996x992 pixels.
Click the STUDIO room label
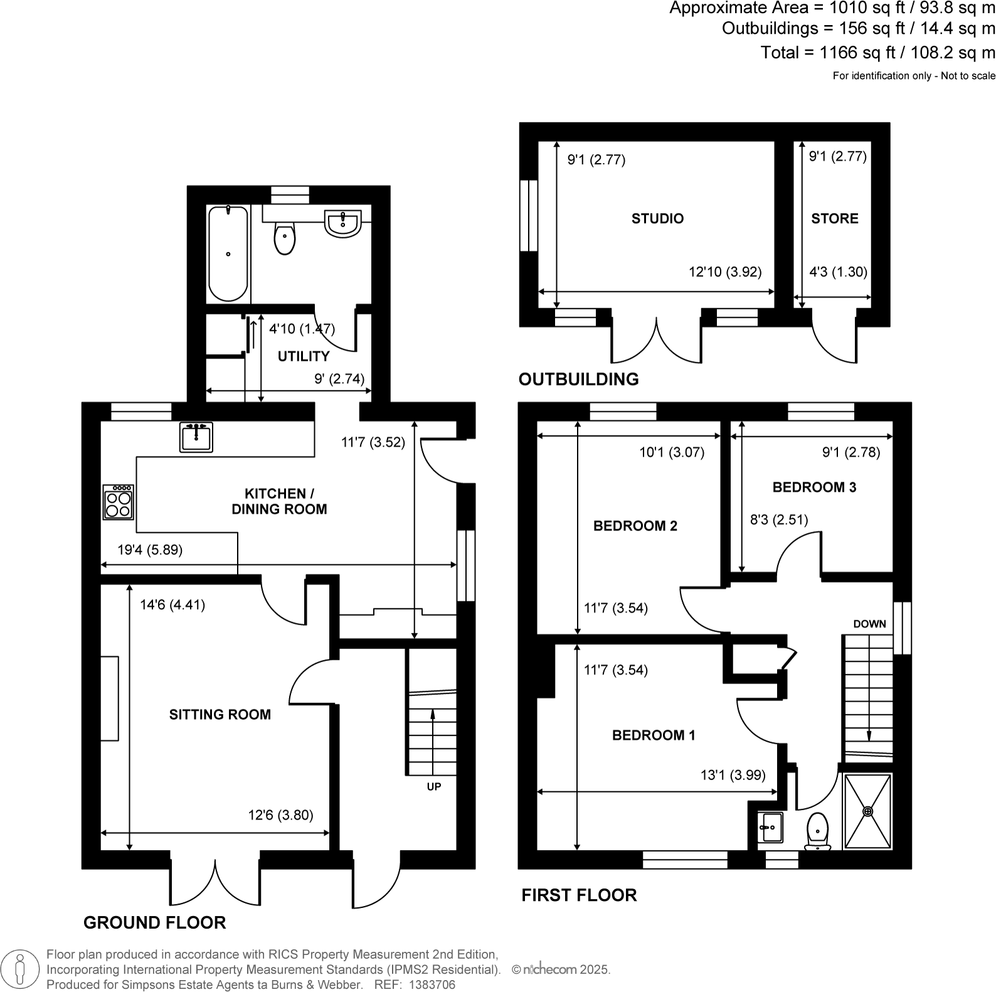(657, 218)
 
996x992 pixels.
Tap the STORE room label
(834, 218)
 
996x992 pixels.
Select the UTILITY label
(304, 356)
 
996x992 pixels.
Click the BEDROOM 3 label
(814, 487)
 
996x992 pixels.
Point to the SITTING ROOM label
(220, 714)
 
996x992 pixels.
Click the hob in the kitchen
(119, 502)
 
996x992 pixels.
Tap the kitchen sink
(196, 437)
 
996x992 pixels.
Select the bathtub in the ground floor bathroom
(228, 253)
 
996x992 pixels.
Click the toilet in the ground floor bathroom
(285, 239)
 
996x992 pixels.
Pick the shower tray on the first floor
(868, 812)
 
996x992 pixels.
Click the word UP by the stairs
(434, 786)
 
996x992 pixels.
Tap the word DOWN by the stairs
(869, 624)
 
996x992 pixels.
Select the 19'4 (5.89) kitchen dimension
(150, 550)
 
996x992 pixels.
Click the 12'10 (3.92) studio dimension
(724, 272)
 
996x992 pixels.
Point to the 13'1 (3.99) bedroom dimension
(733, 775)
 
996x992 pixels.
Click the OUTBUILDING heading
(578, 379)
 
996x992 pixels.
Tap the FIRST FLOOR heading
(579, 895)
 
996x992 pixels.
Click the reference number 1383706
(432, 984)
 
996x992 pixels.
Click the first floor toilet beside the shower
(818, 831)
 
